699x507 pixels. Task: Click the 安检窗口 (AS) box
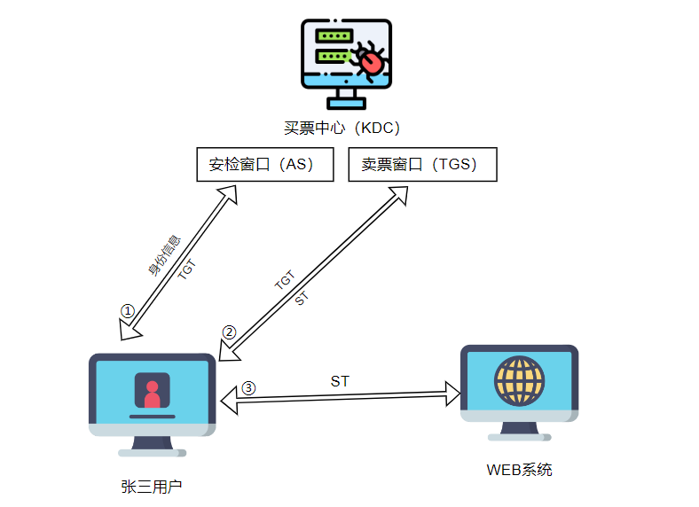click(264, 165)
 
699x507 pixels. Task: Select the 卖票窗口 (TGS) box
click(422, 165)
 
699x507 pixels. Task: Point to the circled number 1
click(128, 311)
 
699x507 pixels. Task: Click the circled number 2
click(229, 332)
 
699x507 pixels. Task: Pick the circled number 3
click(248, 388)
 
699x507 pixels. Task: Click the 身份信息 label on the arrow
click(164, 255)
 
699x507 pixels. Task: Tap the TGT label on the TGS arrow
click(284, 281)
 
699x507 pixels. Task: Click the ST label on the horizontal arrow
click(340, 381)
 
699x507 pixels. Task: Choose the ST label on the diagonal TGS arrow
click(301, 299)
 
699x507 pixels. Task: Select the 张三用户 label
click(152, 487)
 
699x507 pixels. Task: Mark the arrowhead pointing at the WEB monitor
click(452, 393)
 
